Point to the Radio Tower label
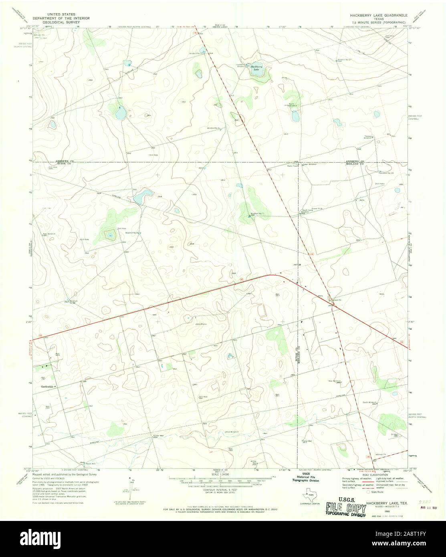point(292,166)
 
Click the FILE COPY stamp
point(346,509)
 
